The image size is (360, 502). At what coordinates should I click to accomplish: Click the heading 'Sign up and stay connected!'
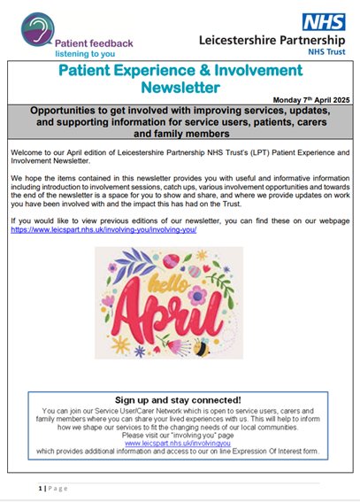tap(180, 400)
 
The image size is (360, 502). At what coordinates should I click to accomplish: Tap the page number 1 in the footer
tap(41, 488)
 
